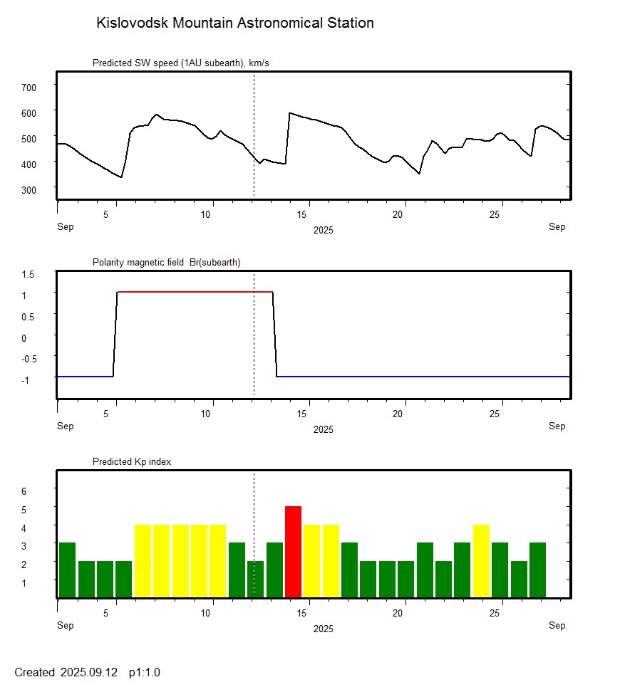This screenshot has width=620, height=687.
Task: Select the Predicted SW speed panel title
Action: tap(180, 63)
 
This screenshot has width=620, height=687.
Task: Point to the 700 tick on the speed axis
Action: tap(29, 87)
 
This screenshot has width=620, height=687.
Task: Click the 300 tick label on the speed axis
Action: tap(29, 189)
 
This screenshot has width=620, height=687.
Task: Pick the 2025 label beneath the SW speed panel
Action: tap(323, 231)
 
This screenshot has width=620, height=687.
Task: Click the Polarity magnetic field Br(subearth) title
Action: tap(166, 263)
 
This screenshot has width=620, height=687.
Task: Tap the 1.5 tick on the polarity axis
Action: tap(28, 273)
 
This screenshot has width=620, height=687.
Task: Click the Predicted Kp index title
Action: tap(132, 462)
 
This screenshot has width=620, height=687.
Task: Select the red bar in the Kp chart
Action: tap(293, 552)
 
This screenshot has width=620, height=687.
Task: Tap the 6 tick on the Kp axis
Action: tap(24, 491)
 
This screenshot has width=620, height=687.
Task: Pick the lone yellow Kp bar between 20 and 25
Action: tap(481, 561)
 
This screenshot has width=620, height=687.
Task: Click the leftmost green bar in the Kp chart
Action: tap(67, 570)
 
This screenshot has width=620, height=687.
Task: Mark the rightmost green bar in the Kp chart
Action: tap(537, 570)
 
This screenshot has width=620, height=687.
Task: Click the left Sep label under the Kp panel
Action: tap(65, 626)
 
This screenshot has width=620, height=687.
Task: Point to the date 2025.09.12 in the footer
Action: tap(91, 672)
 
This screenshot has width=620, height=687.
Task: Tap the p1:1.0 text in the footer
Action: tap(145, 672)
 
